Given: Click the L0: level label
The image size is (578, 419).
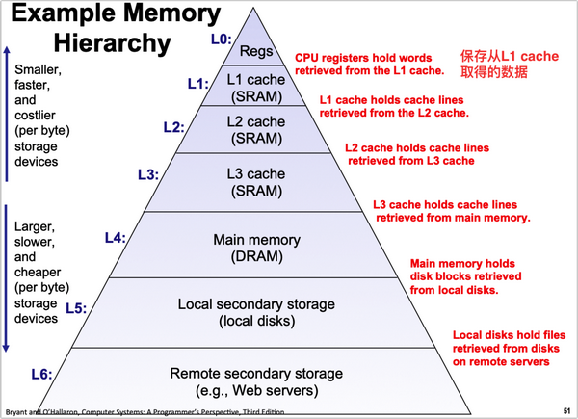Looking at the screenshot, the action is pos(222,39).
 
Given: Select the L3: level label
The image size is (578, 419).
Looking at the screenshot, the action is pos(148,174).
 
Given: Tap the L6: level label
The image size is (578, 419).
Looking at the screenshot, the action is pos(41,375).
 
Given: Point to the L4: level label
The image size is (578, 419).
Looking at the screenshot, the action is pos(116,238).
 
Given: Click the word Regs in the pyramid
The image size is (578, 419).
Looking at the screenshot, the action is pos(256,51).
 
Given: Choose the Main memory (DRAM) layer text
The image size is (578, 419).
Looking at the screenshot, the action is pos(256,248).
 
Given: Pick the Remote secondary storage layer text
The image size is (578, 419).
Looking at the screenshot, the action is pos(256,381).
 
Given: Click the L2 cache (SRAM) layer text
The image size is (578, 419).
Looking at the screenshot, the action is pos(256,130).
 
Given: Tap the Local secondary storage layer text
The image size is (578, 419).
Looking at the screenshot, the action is pos(256,312).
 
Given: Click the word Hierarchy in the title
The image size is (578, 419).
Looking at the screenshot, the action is pos(113,43).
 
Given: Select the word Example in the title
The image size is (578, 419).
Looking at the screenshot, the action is pos(63,13).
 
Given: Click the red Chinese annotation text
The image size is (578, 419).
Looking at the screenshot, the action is pos(510,64).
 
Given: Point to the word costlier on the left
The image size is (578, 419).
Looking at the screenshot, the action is pos(35,116).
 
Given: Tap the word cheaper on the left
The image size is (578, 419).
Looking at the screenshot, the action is pos(38,272).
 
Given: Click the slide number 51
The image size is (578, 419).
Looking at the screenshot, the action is pos(567,410).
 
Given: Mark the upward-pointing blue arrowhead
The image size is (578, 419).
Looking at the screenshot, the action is pos(7,50).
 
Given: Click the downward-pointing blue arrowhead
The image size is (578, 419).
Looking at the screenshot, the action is pos(6,348).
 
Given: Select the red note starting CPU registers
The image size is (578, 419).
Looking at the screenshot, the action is pos(370,65).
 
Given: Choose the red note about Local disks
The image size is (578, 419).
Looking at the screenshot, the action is pos(509,349).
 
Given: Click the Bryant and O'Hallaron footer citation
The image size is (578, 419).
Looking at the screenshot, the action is pos(144,412).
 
